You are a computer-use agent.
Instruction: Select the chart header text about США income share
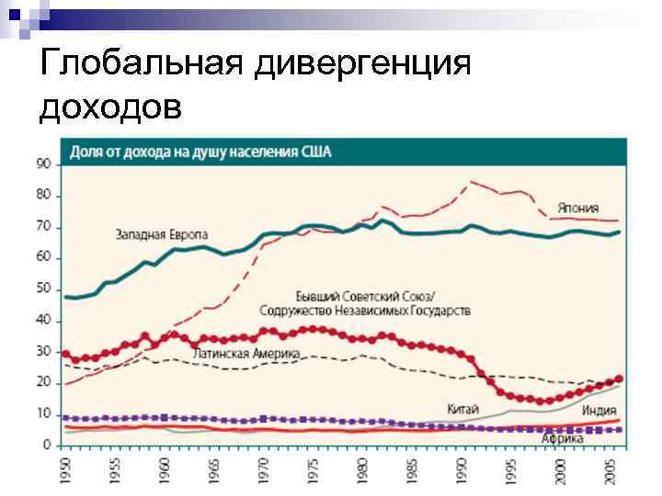point(202,152)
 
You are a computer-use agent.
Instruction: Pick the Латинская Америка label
point(245,353)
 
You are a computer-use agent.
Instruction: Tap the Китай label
point(463,409)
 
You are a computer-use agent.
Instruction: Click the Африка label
point(561,439)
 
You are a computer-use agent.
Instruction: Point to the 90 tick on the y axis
point(43,164)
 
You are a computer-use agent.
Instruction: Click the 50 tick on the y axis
point(43,289)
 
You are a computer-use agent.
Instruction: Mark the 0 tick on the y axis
point(46,445)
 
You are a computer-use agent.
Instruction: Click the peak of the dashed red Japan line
point(472,182)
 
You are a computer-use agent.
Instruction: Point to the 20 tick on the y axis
point(43,383)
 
